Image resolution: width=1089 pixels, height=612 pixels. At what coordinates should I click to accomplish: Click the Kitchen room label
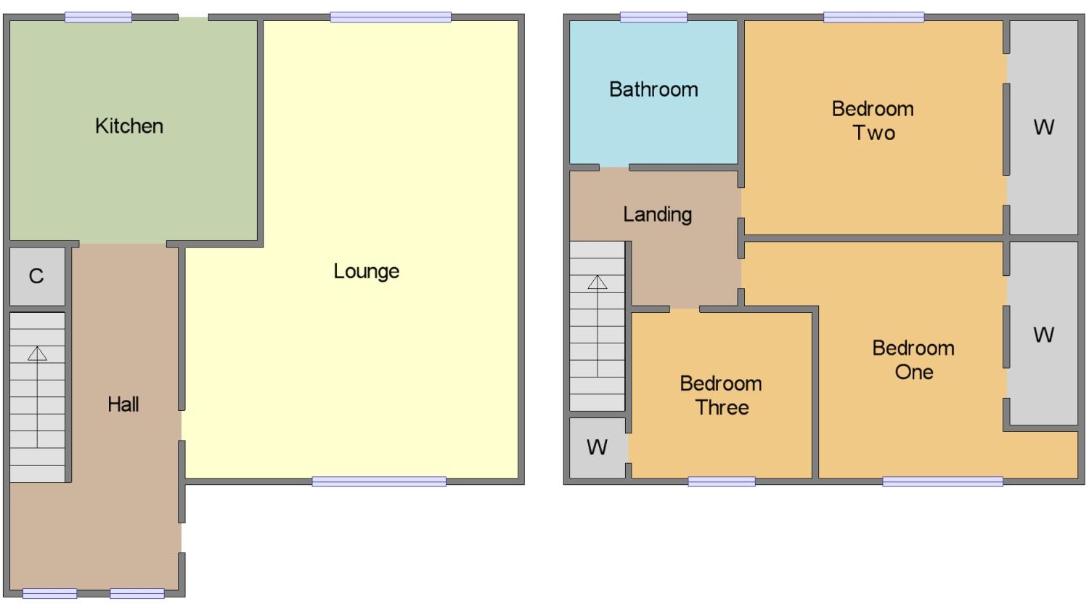129,126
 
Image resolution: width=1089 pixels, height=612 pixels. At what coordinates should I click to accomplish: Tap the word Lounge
366,272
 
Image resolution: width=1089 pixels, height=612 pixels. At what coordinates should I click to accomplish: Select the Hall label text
123,404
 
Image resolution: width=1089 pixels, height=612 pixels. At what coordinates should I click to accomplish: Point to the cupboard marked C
36,276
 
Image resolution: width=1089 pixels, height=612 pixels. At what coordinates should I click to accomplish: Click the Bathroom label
653,89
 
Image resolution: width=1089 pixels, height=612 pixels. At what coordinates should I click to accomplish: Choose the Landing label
657,215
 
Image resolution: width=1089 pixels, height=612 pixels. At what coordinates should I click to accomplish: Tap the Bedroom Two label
873,121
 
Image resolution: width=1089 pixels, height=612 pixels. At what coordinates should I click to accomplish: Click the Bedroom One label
913,360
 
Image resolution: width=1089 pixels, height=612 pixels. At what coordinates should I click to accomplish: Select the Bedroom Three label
721,396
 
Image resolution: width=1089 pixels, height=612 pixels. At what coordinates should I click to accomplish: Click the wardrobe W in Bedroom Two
1043,127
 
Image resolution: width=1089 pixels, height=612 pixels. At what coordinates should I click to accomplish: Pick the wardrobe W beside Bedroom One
1043,335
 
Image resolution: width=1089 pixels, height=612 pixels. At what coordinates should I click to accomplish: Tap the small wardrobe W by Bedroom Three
597,447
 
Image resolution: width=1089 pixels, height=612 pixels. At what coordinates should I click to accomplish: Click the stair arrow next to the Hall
38,396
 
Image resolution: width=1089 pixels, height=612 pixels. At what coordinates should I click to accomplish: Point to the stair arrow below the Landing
597,326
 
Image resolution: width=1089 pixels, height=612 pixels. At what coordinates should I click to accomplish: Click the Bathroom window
653,17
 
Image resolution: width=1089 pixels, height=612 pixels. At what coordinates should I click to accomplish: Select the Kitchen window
98,17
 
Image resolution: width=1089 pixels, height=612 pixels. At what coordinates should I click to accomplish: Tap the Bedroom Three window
722,482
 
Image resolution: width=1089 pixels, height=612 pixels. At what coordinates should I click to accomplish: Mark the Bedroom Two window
873,17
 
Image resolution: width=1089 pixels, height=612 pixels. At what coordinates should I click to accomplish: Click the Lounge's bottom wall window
379,482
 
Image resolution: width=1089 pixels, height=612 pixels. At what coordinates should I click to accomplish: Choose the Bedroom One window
942,482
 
